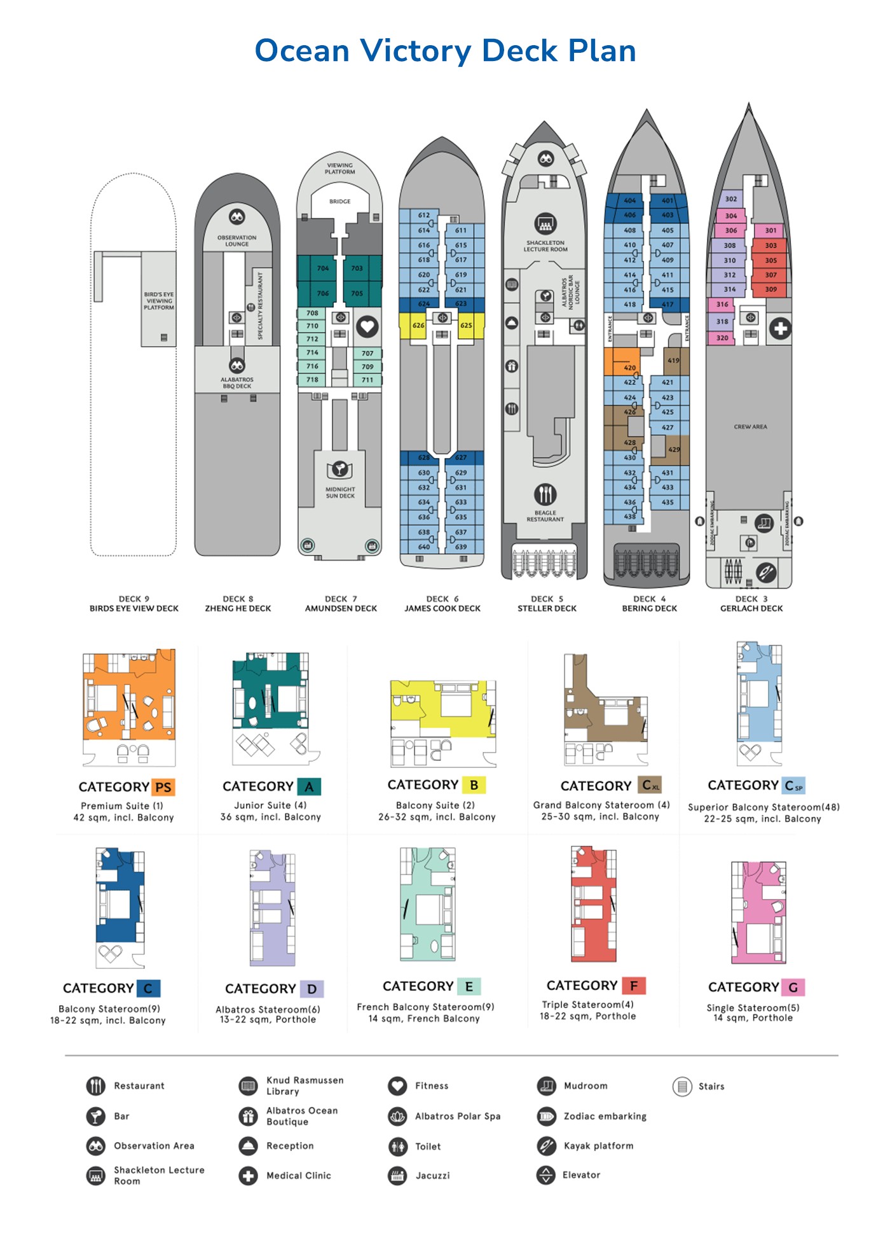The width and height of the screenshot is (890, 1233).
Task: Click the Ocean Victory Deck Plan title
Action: click(x=445, y=51)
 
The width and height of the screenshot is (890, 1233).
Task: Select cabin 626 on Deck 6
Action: click(x=418, y=325)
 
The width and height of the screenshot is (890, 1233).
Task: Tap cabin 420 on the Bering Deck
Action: click(x=629, y=368)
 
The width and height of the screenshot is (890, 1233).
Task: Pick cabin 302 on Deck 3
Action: click(x=731, y=199)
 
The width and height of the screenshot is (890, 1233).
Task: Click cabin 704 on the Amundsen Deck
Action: click(x=323, y=268)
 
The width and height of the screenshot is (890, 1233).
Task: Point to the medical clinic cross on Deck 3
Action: click(x=780, y=329)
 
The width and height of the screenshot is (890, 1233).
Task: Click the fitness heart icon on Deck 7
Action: click(x=367, y=327)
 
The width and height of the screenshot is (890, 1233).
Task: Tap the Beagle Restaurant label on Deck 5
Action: click(x=545, y=516)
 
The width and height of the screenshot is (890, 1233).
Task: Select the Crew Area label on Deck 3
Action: click(x=750, y=427)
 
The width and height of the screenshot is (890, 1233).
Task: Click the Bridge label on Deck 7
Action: click(x=340, y=202)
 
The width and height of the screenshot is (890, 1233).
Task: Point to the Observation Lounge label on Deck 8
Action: click(x=237, y=240)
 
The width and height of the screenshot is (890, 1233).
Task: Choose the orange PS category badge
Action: click(x=163, y=787)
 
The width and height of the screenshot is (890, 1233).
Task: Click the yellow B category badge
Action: click(x=474, y=785)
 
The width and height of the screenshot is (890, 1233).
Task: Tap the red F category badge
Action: click(x=634, y=986)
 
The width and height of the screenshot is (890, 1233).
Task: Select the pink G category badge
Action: click(x=793, y=987)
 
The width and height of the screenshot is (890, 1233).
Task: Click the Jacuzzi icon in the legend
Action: click(x=397, y=1175)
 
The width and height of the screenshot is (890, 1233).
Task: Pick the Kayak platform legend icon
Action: click(x=546, y=1146)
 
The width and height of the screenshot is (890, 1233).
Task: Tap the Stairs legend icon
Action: click(x=682, y=1086)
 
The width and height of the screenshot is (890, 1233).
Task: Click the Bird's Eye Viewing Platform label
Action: click(x=159, y=301)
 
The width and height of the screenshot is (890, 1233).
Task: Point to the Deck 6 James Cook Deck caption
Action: click(x=442, y=604)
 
